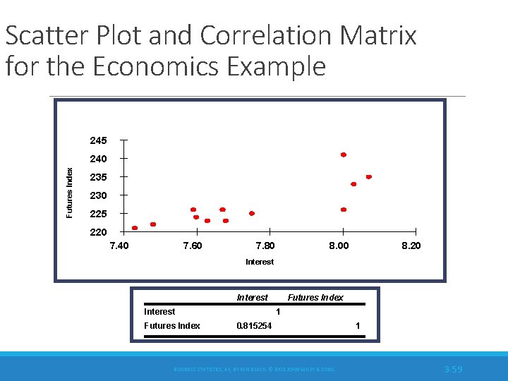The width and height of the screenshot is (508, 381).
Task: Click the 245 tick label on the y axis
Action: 98,140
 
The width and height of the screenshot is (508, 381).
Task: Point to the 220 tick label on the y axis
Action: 98,232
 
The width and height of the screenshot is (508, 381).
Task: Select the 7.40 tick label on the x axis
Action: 119,246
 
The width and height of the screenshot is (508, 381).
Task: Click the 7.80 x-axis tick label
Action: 265,246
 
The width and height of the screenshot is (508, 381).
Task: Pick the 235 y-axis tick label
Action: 98,177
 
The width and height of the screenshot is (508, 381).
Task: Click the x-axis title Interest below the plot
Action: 260,262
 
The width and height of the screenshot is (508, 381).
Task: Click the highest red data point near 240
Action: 344,155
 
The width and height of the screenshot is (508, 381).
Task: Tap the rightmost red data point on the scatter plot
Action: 368,176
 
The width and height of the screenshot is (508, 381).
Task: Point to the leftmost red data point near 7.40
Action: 135,228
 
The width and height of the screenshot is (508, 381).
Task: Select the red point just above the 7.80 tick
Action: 252,213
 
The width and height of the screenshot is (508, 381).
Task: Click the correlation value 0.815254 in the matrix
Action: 253,326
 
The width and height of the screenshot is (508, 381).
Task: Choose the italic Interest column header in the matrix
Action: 253,298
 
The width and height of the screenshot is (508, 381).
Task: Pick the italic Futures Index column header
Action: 315,298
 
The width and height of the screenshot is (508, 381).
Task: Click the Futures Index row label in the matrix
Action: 171,326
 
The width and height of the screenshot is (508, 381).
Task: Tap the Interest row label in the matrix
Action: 159,312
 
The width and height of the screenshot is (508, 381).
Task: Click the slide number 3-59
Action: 453,370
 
